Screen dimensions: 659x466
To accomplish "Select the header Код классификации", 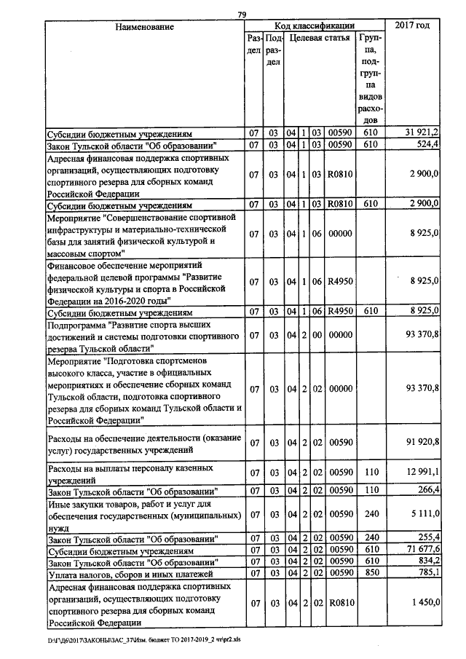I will coord(314,25).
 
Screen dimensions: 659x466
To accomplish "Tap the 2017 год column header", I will coord(412,25).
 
